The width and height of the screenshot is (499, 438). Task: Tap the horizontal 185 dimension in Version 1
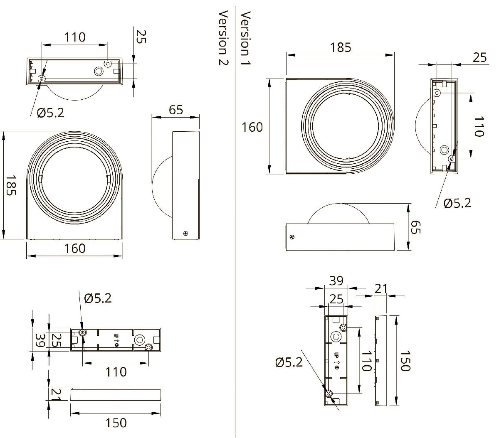tap(341, 47)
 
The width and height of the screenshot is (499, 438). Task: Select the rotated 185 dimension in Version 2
tap(11, 185)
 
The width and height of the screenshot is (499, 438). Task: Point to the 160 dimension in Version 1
tap(252, 127)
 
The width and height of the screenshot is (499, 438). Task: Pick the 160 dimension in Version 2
tap(75, 249)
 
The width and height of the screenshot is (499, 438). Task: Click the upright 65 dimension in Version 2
tap(176, 110)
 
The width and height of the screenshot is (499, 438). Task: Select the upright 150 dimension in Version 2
tap(116, 423)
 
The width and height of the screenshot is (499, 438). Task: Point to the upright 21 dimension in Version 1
tap(380, 288)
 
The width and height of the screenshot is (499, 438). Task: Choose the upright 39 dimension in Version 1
tap(336, 281)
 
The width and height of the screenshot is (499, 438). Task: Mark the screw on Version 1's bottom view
tap(292, 237)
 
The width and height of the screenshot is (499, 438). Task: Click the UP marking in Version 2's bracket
tap(116, 340)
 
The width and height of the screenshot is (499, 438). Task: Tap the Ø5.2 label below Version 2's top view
tap(50, 113)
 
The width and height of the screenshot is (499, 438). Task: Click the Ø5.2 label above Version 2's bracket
tap(98, 298)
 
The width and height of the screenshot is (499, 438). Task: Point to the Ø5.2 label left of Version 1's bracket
tap(289, 362)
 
